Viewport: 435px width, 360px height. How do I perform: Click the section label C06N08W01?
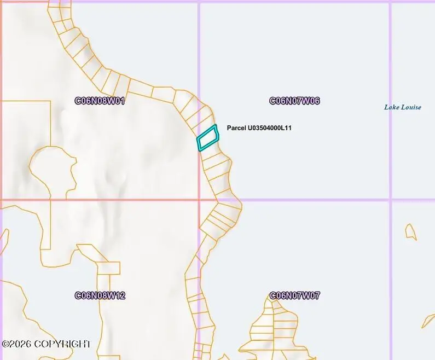100,101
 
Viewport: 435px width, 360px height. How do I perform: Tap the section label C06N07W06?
294,101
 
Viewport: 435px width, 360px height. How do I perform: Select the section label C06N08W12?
100,296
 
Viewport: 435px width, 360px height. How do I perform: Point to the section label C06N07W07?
294,296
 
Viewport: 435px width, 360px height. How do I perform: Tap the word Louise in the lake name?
411,107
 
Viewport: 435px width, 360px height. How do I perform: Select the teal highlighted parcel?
207,138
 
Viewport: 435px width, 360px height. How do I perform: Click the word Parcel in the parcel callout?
236,128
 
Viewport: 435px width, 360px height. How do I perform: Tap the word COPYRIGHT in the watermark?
62,344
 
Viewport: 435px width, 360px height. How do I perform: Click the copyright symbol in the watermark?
5,344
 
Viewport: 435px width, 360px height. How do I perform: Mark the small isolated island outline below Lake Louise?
410,232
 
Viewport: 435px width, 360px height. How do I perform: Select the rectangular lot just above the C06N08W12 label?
108,268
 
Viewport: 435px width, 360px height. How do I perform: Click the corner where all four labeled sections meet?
199,200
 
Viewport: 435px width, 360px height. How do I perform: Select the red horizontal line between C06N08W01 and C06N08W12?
98,200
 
